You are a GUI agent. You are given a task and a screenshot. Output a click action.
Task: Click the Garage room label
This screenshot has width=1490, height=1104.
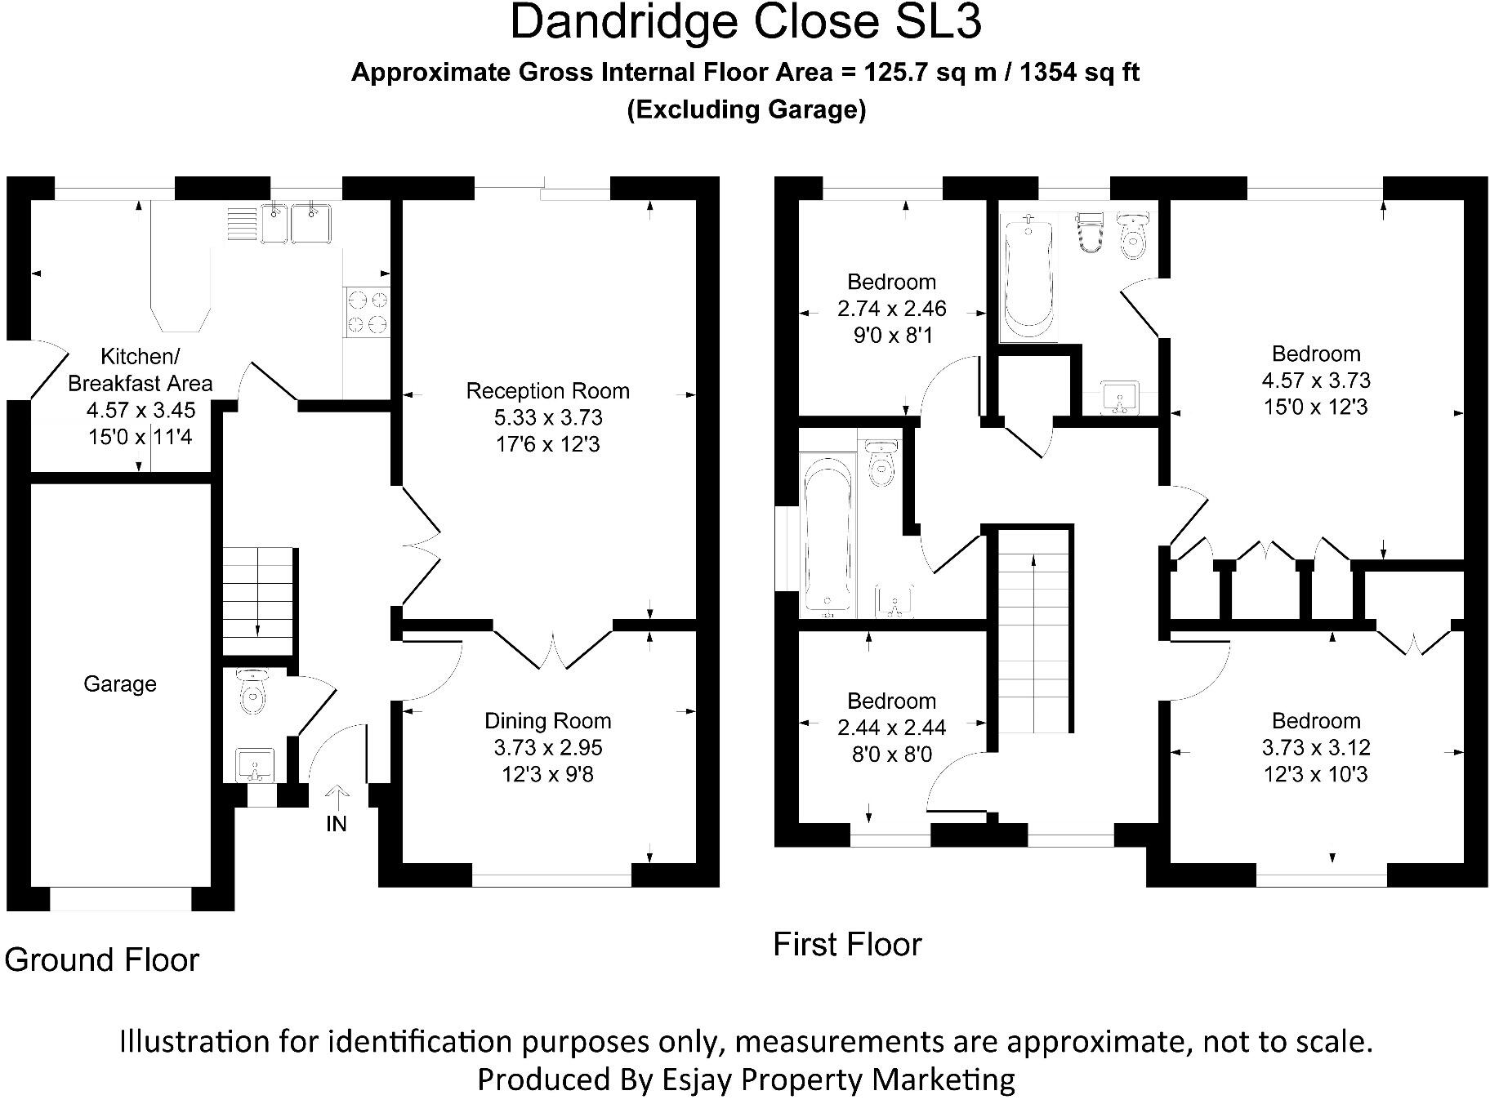click(x=120, y=683)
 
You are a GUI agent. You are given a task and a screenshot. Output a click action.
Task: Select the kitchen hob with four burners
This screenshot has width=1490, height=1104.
click(x=366, y=312)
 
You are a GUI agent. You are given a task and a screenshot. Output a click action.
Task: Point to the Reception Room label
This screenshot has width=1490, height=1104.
click(x=547, y=391)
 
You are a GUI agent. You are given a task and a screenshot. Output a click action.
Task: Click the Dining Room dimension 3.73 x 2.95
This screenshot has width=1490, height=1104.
click(x=547, y=747)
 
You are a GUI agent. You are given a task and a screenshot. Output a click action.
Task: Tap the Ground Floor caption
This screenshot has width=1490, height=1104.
click(x=102, y=959)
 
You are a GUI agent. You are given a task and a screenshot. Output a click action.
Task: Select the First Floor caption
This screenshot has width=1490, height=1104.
click(x=847, y=945)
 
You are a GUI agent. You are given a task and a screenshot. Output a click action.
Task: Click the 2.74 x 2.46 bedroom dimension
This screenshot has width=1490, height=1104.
click(x=891, y=309)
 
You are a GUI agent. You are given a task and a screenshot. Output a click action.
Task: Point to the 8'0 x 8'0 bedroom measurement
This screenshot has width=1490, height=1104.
click(x=891, y=754)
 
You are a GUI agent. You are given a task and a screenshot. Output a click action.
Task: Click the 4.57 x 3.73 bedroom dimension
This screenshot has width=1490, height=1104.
click(x=1315, y=381)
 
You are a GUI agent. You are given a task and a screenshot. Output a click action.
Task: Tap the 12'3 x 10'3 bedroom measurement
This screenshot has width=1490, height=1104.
click(x=1315, y=774)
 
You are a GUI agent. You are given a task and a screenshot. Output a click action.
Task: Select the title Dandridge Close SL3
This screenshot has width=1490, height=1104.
click(x=745, y=23)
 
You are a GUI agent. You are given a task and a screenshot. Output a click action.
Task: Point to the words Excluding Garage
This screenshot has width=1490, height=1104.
click(x=746, y=109)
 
